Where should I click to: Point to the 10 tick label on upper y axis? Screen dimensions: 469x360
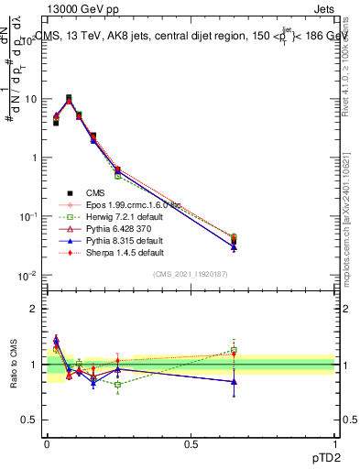click(27, 98)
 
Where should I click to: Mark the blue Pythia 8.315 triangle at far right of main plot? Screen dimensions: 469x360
click(234, 247)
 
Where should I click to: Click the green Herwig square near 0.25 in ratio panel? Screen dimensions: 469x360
click(117, 385)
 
